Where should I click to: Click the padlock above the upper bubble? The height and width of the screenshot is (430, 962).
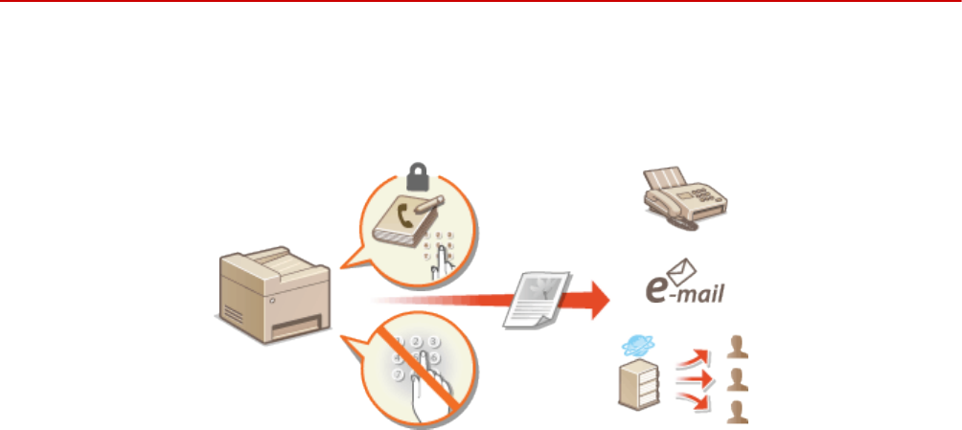[418, 174]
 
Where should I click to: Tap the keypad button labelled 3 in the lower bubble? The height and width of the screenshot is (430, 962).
[434, 341]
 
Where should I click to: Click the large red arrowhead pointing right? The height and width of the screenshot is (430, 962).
[595, 300]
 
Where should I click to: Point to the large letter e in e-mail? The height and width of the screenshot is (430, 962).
[653, 286]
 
